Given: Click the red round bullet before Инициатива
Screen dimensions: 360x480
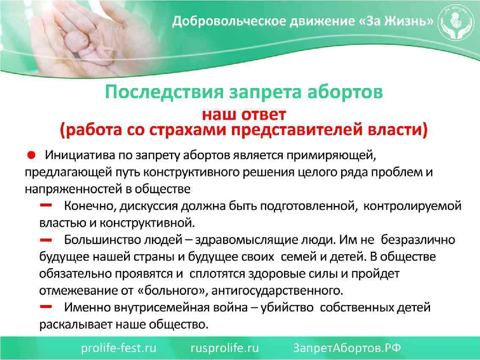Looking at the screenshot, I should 31,155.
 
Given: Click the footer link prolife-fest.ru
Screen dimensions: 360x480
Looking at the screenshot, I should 119,348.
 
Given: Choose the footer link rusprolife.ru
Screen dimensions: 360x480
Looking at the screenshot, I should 225,348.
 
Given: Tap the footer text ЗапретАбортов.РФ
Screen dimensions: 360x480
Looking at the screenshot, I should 347,348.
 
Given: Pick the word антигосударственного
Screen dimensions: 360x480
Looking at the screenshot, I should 274,291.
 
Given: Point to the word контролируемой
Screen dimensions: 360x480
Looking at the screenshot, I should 412,206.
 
